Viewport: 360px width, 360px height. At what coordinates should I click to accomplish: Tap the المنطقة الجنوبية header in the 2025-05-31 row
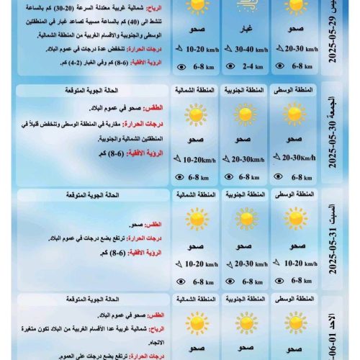(246, 195)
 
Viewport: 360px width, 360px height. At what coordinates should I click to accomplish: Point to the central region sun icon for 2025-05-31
(296, 219)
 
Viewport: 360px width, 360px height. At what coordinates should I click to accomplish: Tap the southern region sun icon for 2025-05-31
(246, 219)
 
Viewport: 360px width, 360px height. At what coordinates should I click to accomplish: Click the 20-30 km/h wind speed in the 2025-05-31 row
(250, 264)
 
